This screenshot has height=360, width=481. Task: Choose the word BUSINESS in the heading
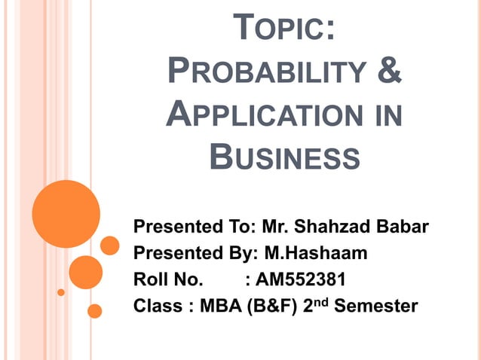282,157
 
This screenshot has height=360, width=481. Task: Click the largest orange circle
66,213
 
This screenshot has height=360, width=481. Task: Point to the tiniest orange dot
61,291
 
